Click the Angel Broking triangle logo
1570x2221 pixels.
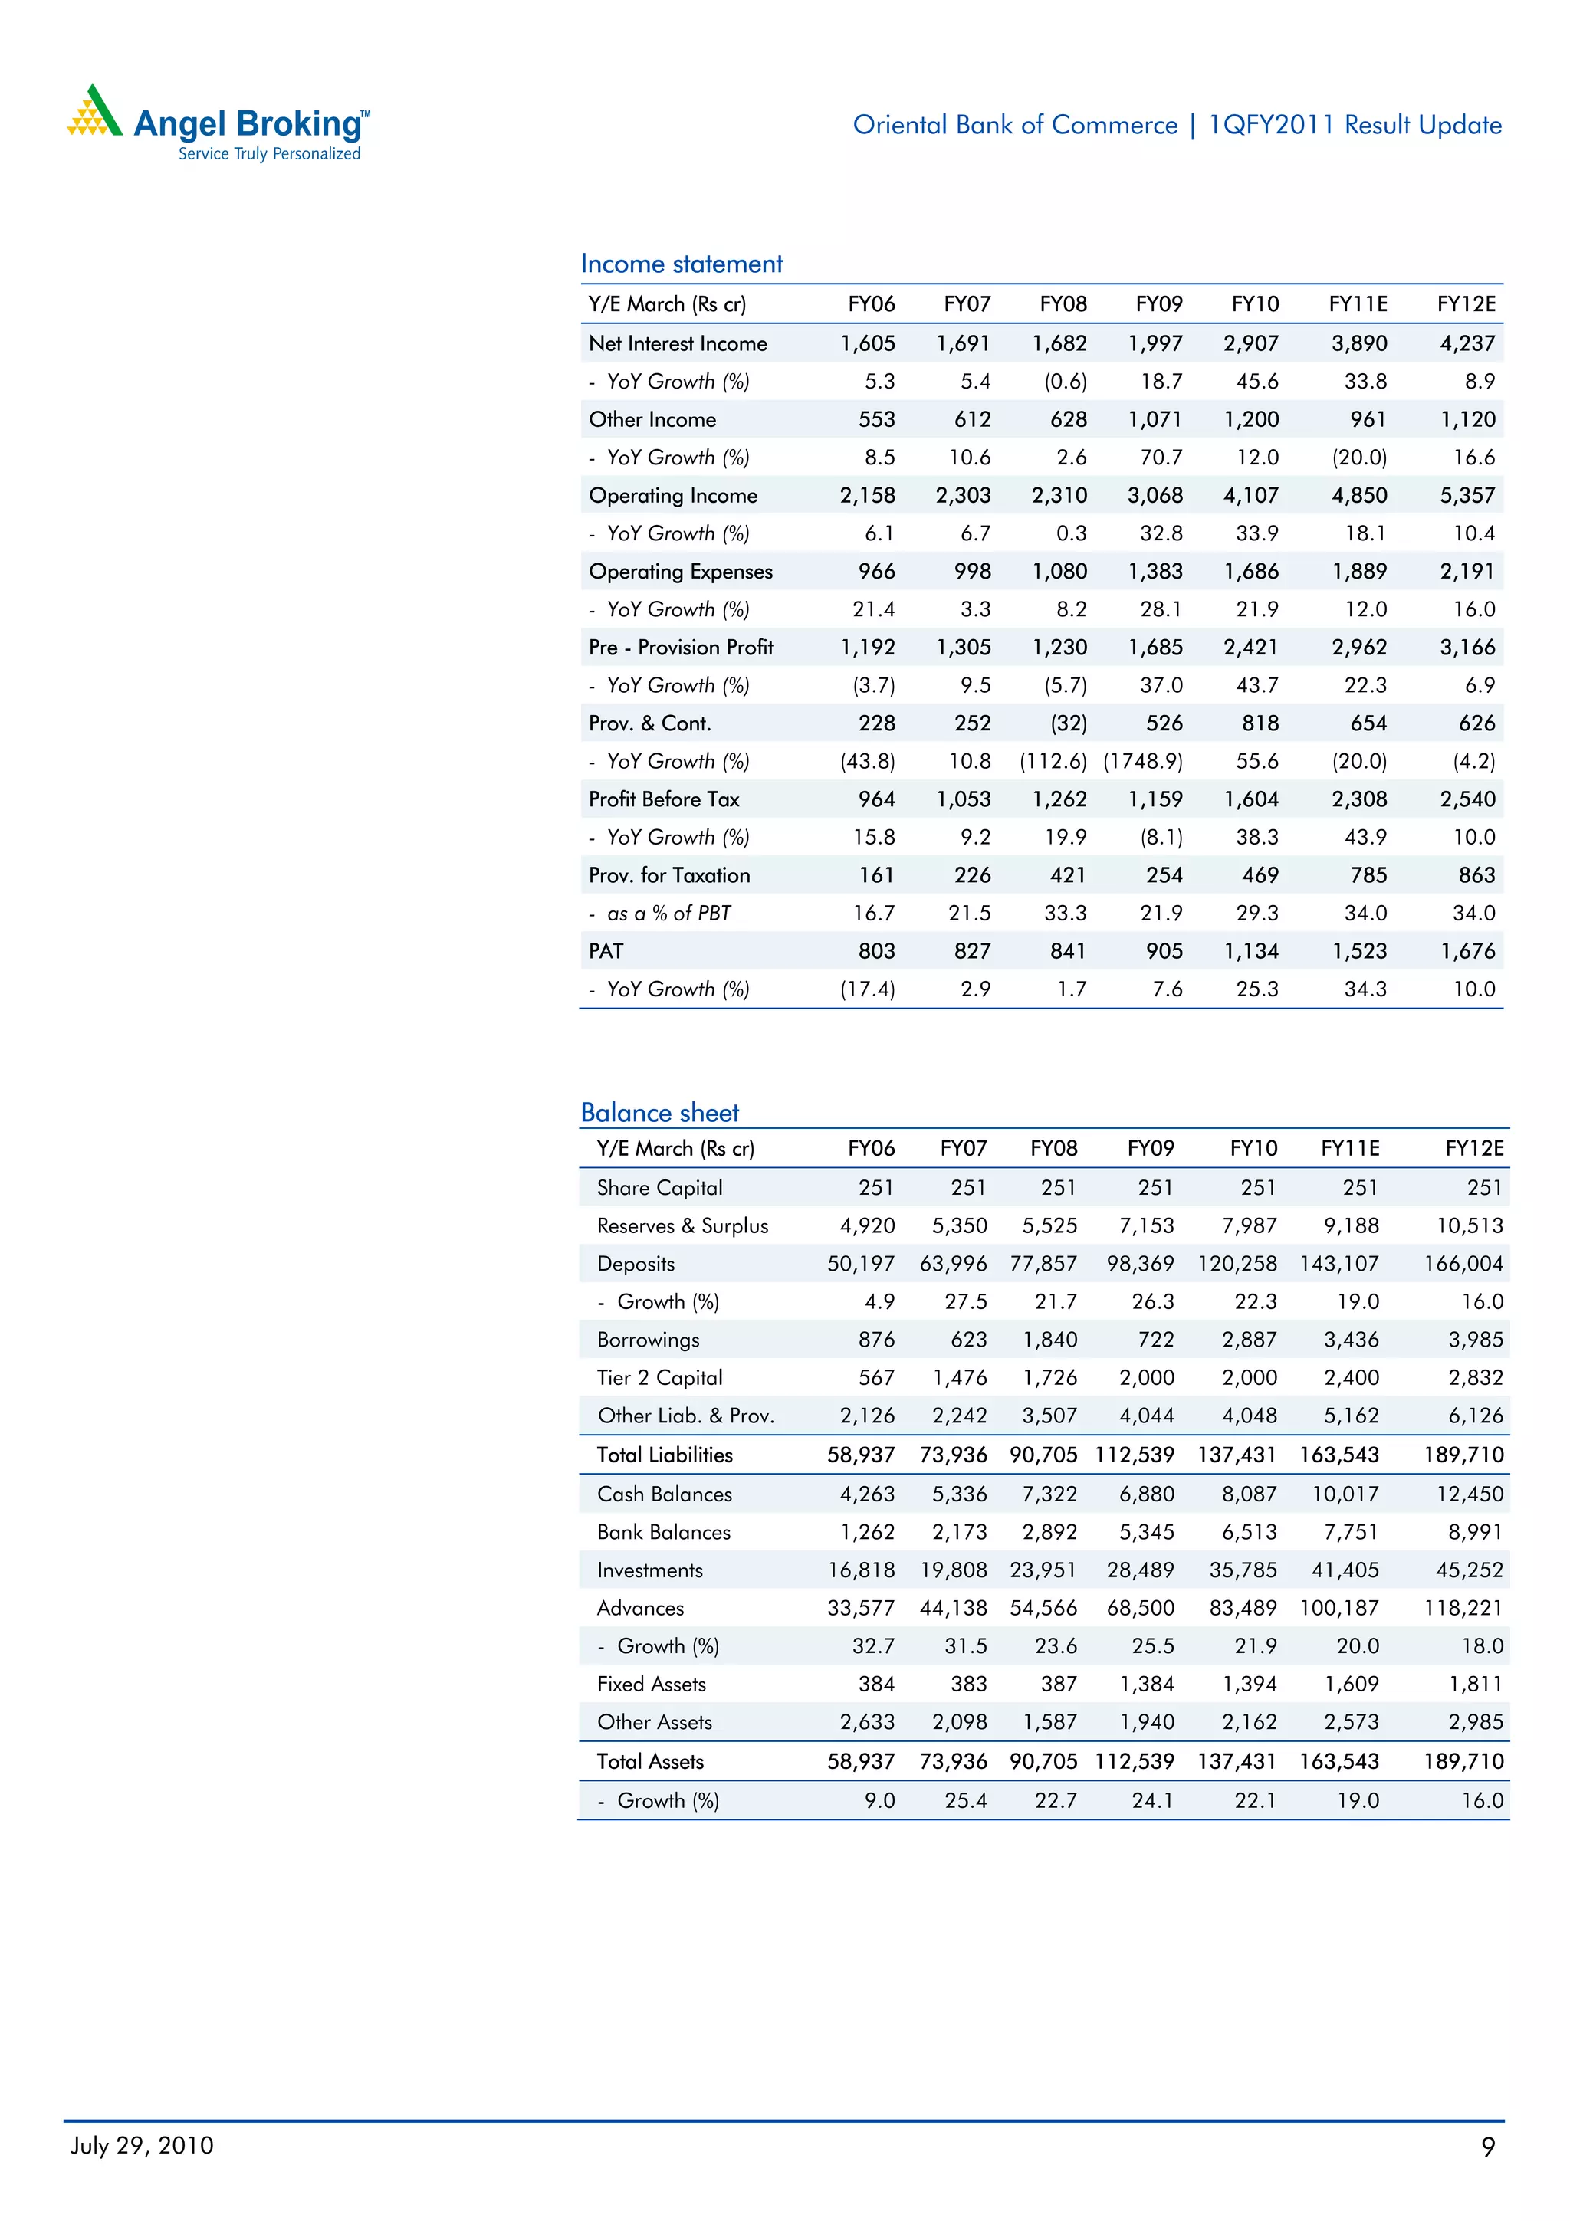(95, 111)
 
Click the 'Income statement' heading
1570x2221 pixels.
(681, 264)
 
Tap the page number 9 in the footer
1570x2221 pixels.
(1488, 2147)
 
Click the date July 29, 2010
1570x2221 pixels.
(142, 2146)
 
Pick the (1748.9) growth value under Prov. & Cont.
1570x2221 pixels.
(1142, 761)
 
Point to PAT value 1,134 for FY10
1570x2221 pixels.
(1251, 951)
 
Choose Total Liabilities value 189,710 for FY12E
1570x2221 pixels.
(1463, 1455)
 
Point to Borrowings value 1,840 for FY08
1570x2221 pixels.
(1049, 1340)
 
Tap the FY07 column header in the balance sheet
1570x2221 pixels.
(963, 1148)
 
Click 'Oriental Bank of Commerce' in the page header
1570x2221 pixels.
(1015, 125)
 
